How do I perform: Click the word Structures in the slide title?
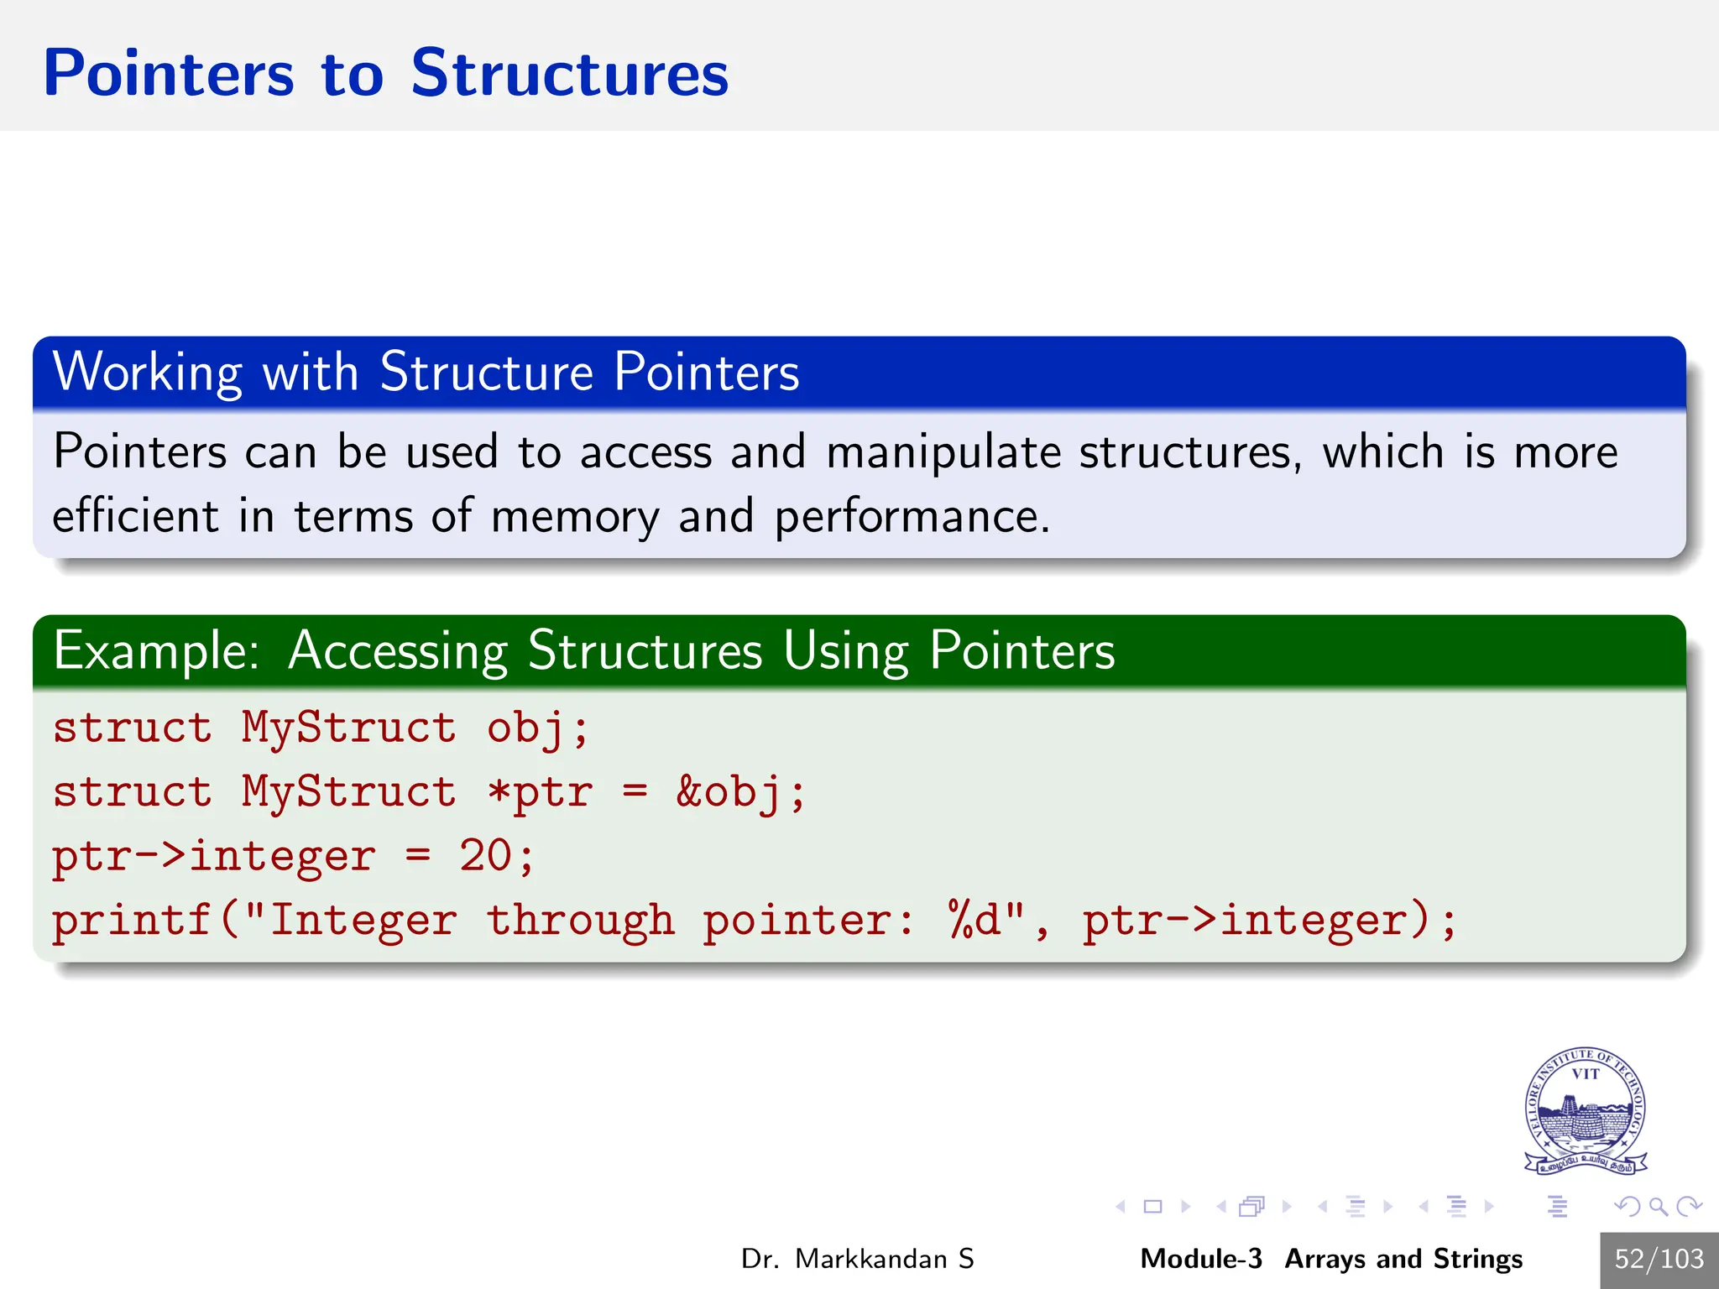(569, 74)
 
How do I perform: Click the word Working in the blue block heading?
(147, 372)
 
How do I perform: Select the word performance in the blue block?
(911, 517)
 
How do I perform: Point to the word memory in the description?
(575, 517)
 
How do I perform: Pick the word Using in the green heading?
(845, 651)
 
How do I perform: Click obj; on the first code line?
(537, 727)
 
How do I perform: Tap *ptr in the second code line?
(540, 791)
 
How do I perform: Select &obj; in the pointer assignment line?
(740, 791)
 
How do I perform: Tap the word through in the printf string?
(581, 921)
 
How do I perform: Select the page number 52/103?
(1659, 1259)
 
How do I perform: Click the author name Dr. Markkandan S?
(857, 1259)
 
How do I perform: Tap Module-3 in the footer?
(1200, 1259)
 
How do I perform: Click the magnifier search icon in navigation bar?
(1658, 1207)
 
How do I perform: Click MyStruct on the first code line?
(348, 727)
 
